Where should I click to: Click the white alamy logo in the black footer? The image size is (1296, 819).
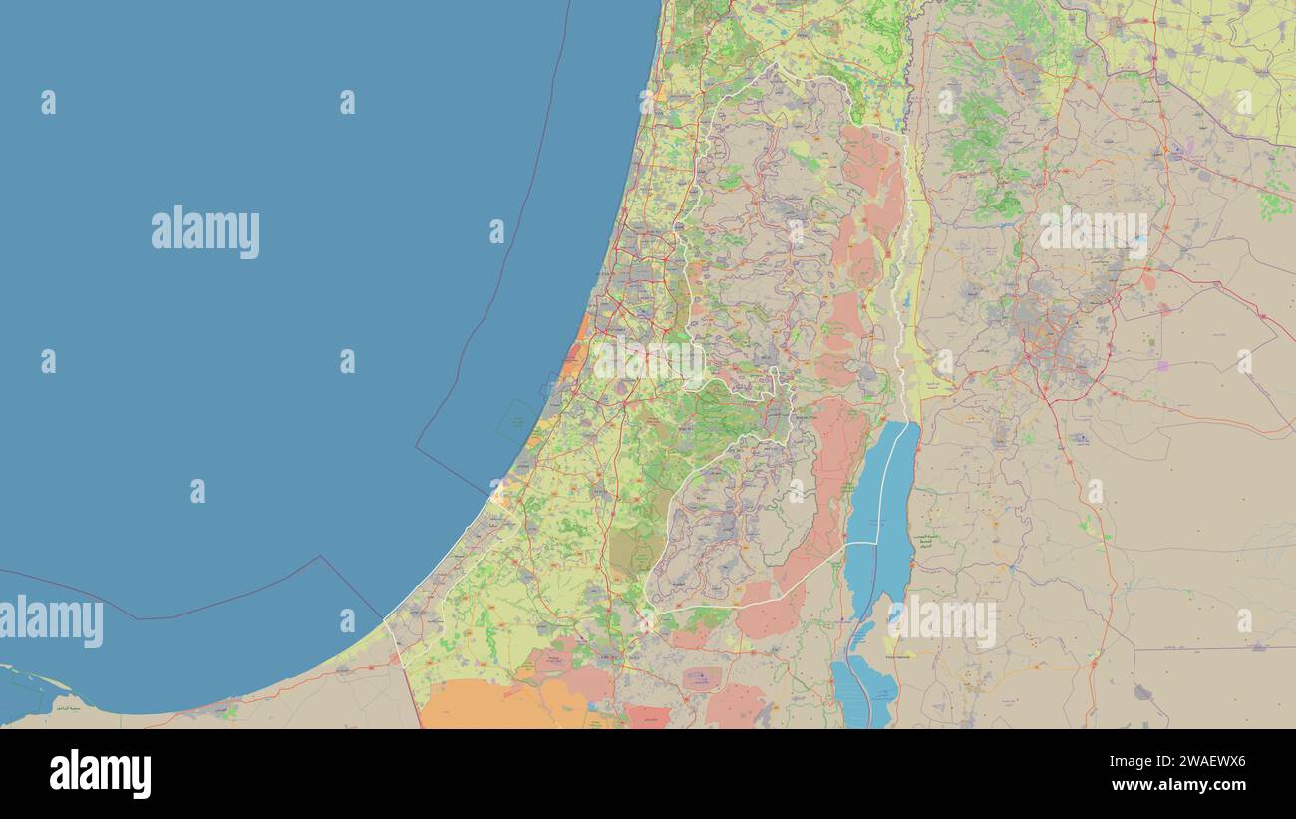[x=100, y=774]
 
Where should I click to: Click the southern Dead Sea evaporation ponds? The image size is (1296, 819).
[x=863, y=688]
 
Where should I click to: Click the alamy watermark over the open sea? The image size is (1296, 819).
[x=205, y=232]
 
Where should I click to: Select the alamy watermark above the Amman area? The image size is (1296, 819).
[x=1093, y=232]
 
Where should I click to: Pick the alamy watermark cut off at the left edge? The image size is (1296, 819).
[x=50, y=620]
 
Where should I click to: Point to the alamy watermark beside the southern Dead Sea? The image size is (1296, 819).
[x=942, y=620]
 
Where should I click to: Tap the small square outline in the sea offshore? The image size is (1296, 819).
[x=518, y=422]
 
